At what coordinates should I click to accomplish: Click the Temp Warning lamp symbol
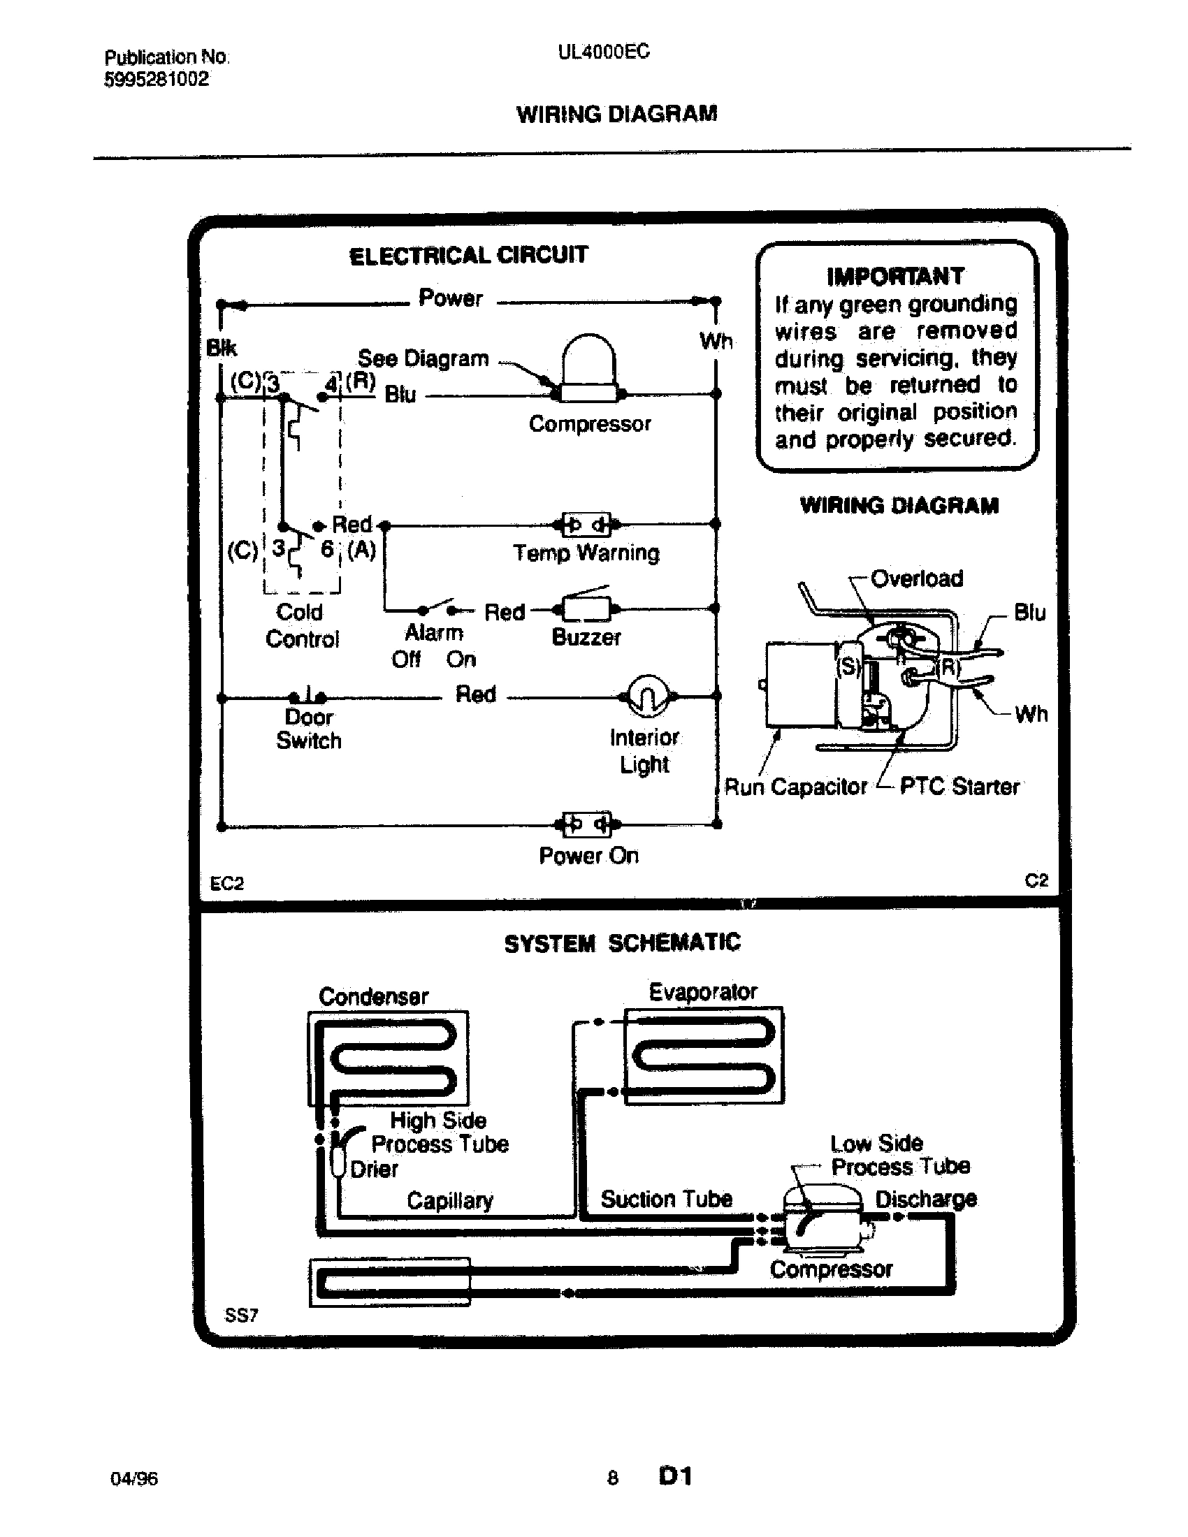tap(586, 525)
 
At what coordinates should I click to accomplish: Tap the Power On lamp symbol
tap(586, 824)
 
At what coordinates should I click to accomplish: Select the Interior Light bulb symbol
tap(648, 696)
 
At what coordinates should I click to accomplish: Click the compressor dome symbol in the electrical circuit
tap(588, 368)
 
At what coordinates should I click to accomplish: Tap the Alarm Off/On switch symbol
tap(436, 608)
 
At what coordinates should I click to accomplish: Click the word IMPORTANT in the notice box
tap(895, 277)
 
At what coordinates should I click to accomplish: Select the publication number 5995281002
tap(157, 79)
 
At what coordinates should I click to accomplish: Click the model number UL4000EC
tap(604, 52)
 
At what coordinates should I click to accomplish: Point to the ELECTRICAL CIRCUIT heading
tap(468, 255)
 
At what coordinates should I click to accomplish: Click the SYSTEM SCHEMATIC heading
tap(622, 943)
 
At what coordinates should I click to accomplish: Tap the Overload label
tap(916, 578)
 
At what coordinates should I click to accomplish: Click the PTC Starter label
tap(959, 786)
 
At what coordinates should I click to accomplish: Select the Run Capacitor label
tap(795, 786)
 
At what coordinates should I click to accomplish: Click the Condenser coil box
tap(388, 1058)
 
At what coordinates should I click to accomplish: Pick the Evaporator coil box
tap(704, 1056)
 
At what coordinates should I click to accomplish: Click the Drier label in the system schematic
tap(374, 1169)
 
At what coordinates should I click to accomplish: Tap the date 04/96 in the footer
tap(133, 1478)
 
